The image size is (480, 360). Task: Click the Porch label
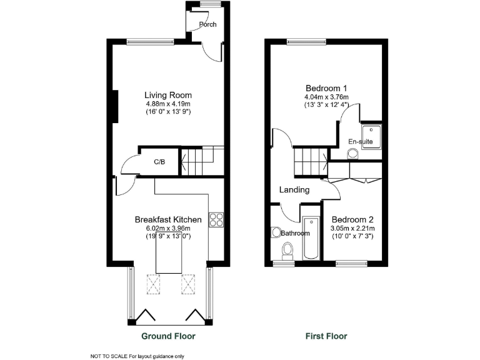207,25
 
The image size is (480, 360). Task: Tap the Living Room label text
167,95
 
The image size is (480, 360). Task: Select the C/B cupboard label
159,162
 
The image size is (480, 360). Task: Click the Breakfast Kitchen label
168,219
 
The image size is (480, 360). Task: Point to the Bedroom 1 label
326,87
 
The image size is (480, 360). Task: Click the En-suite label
361,142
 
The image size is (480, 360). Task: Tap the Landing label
294,189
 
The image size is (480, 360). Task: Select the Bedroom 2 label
352,219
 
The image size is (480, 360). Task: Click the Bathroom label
295,233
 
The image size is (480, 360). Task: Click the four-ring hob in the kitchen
216,219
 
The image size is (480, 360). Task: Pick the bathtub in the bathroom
311,239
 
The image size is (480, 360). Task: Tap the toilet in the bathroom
287,251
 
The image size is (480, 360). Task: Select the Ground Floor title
168,336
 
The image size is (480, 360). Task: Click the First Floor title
326,336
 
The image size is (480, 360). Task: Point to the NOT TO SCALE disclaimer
138,356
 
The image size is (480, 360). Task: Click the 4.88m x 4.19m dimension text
167,104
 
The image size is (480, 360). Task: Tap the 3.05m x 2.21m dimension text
352,229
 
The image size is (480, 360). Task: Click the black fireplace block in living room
115,107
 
